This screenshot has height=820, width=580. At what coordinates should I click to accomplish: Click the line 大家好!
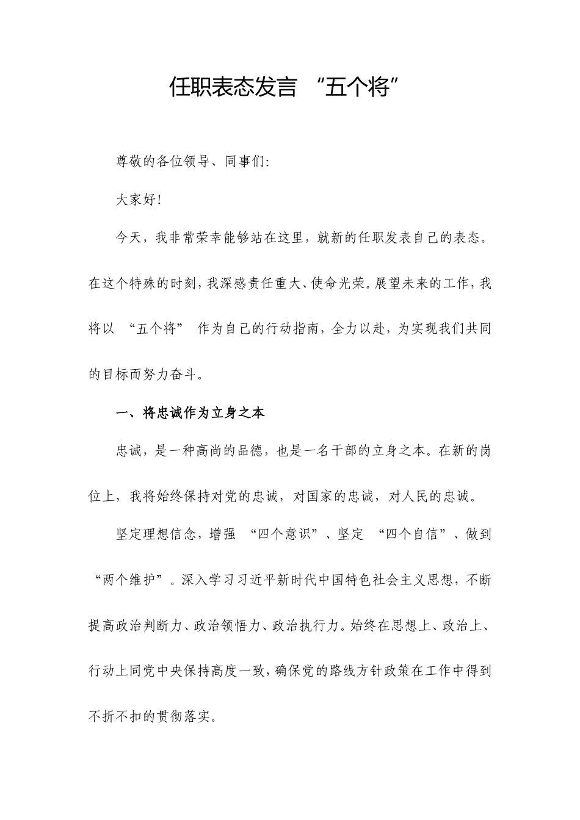tap(139, 200)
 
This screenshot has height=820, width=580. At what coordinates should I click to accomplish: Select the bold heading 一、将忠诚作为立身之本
tap(190, 413)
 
